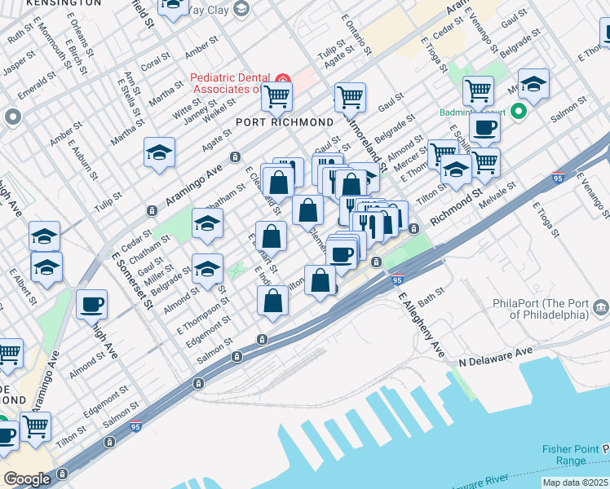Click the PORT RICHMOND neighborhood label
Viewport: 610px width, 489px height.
[284, 121]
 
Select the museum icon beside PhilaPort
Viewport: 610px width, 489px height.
[601, 306]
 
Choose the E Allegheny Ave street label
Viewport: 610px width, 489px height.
[422, 322]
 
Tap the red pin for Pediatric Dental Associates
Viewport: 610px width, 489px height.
[283, 80]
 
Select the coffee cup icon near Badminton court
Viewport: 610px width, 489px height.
[484, 127]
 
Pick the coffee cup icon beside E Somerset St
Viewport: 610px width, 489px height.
[91, 304]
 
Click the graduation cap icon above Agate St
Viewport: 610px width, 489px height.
[159, 152]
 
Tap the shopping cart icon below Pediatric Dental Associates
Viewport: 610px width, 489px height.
[276, 97]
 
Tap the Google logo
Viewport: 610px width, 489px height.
[26, 478]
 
